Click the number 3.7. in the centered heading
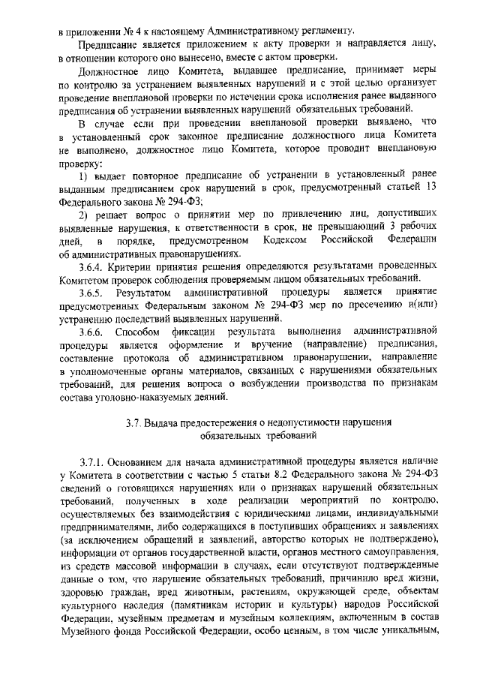(135, 422)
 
